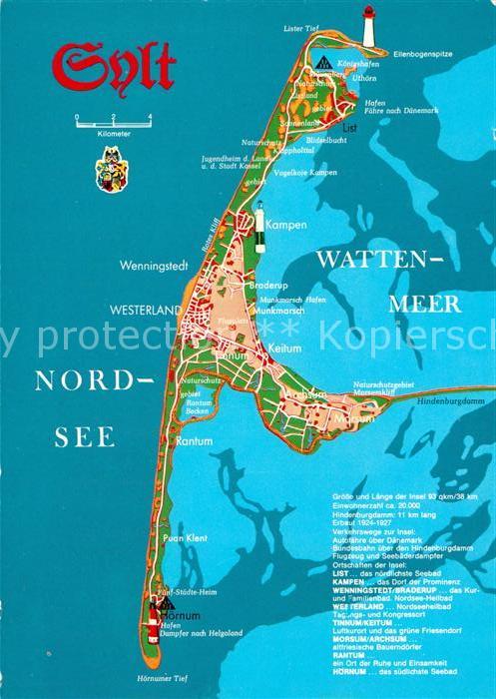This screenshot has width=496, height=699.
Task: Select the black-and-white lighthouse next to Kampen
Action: pos(260,222)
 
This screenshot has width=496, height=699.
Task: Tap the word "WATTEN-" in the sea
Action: pos(378,260)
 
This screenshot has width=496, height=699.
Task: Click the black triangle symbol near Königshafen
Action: pos(321,61)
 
